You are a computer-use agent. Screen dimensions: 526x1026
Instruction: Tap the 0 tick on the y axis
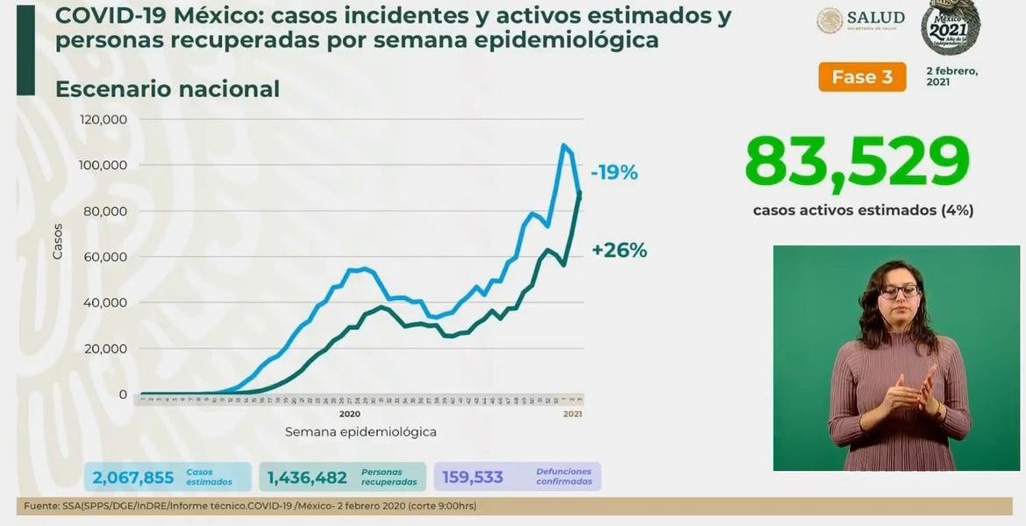[123, 394]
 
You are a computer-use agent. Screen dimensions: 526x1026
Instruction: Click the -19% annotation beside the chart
[614, 173]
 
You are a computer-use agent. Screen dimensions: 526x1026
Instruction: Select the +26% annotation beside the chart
[619, 250]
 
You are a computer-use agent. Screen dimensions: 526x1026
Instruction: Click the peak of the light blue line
[563, 145]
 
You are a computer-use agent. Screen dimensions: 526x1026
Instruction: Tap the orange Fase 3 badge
[862, 77]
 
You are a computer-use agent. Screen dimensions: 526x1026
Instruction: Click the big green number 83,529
[857, 162]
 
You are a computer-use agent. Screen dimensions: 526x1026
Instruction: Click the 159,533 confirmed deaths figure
[473, 477]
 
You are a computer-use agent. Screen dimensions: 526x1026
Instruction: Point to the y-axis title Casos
[58, 241]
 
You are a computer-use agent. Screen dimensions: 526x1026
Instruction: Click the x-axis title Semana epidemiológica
[360, 432]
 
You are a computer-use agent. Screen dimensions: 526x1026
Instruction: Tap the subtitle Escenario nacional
[167, 89]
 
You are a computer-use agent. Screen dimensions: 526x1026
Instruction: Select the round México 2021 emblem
[950, 25]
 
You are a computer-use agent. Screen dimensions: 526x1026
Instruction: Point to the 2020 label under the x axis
[349, 413]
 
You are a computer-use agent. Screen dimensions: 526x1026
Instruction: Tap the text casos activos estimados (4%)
[863, 210]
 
